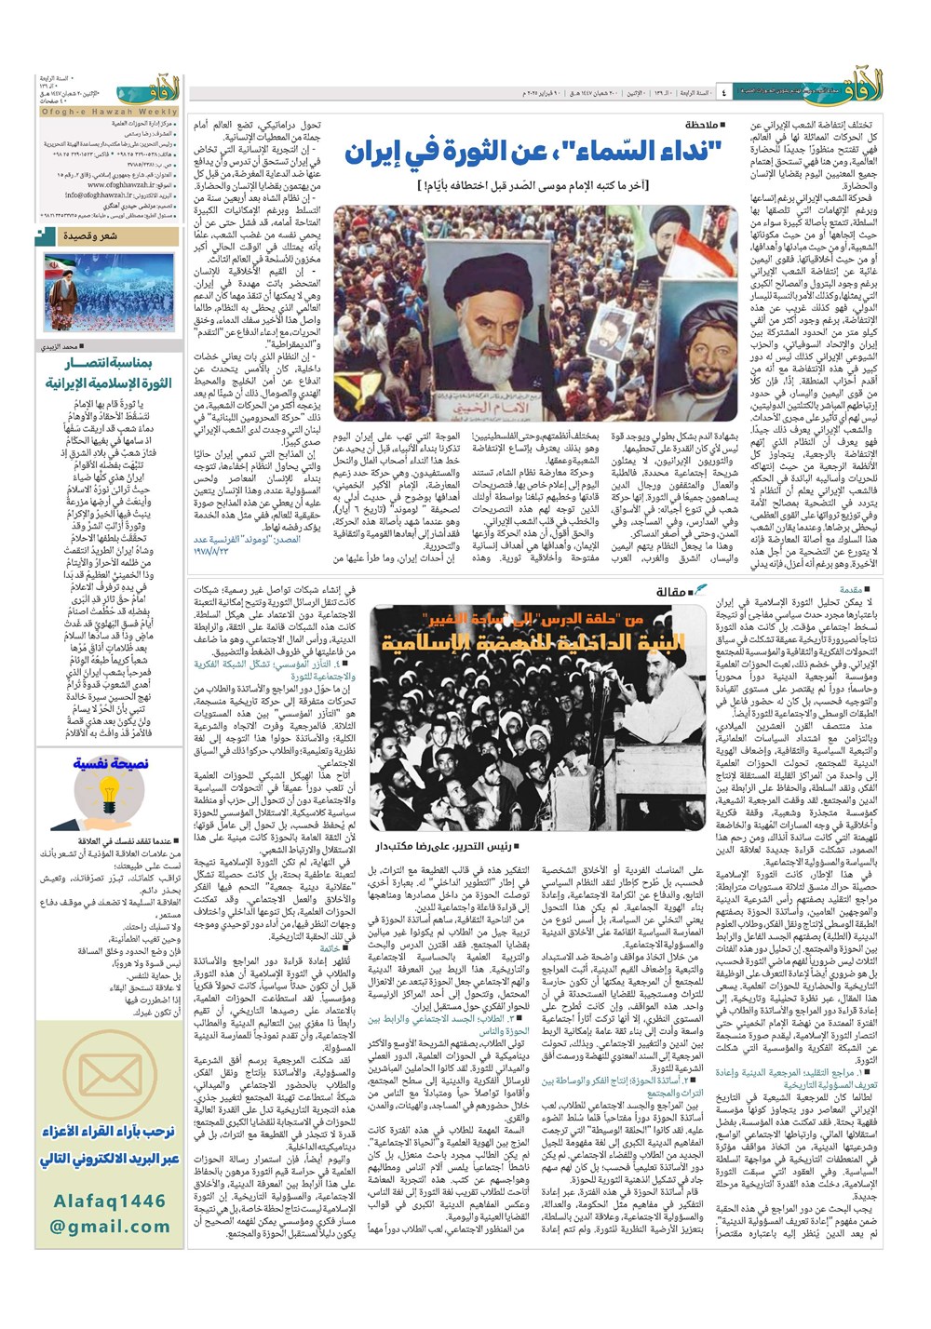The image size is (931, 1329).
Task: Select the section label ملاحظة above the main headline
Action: [x=701, y=124]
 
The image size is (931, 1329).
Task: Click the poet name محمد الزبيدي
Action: [x=147, y=346]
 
